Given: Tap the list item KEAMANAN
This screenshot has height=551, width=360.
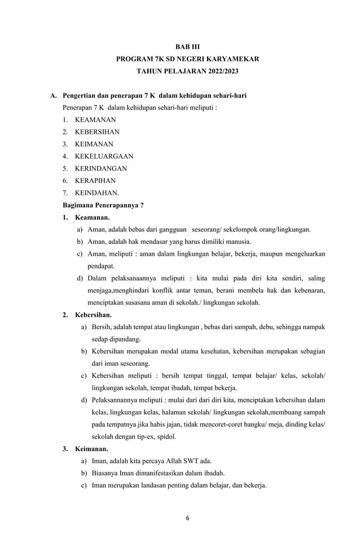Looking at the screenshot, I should (x=95, y=120).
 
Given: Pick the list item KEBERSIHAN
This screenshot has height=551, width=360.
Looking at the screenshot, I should (x=97, y=132).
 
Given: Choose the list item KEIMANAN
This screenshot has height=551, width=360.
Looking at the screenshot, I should (x=94, y=144).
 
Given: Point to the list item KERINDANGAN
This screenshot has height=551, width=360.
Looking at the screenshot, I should (x=100, y=168).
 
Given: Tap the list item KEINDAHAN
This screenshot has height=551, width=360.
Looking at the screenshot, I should (x=96, y=193).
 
